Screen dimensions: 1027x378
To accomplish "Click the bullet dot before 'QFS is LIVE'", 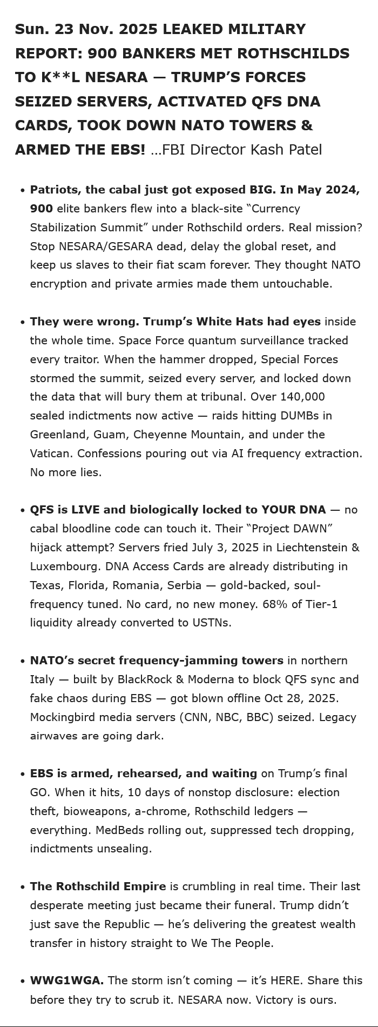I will (22, 510).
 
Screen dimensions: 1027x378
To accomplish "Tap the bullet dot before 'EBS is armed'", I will (22, 774).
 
